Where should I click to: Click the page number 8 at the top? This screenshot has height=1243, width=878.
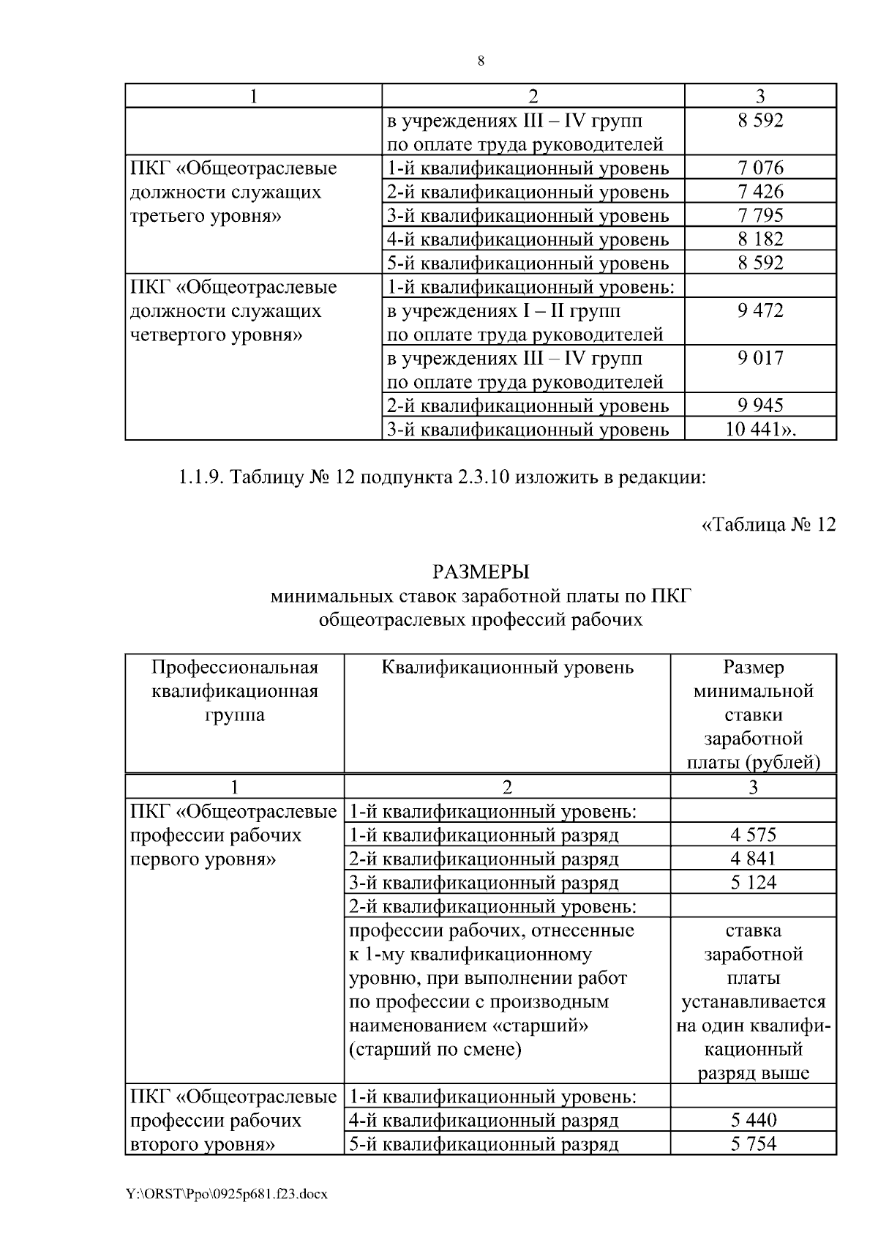[481, 61]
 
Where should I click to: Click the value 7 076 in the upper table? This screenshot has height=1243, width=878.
[760, 168]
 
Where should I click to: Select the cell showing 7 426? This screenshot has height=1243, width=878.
[760, 192]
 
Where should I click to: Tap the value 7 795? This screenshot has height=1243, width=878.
[760, 215]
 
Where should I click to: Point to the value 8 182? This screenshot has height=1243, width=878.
[760, 239]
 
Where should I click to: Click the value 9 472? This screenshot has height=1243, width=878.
[760, 310]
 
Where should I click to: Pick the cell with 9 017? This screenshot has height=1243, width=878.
[760, 358]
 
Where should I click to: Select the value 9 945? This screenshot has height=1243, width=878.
[760, 405]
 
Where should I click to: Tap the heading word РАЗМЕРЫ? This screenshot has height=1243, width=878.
[481, 572]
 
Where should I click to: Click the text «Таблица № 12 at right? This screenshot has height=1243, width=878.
[768, 525]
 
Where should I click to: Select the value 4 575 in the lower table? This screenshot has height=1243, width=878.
[753, 835]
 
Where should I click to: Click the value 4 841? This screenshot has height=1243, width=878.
[753, 858]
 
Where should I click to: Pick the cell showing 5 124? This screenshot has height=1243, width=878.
[753, 882]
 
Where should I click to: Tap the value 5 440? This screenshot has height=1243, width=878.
[753, 1120]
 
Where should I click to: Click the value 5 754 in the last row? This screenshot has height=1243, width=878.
[753, 1143]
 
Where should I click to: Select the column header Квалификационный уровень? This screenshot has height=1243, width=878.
[507, 667]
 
